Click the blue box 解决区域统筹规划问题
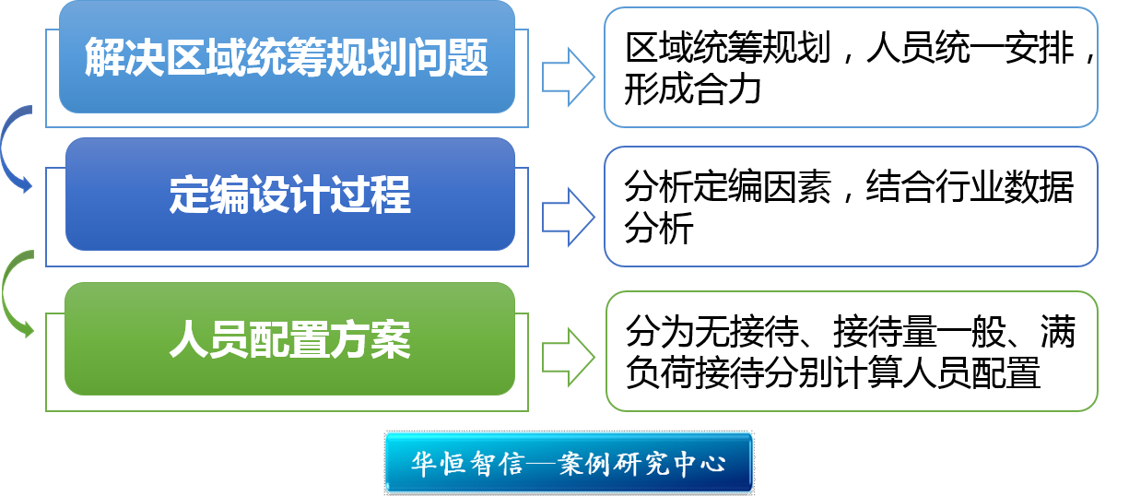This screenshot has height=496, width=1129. (x=287, y=57)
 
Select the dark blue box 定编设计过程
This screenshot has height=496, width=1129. (x=289, y=195)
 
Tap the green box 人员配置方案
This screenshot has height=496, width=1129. (x=289, y=339)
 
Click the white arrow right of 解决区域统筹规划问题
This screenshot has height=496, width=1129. (x=567, y=77)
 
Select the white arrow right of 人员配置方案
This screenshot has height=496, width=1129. (x=567, y=356)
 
